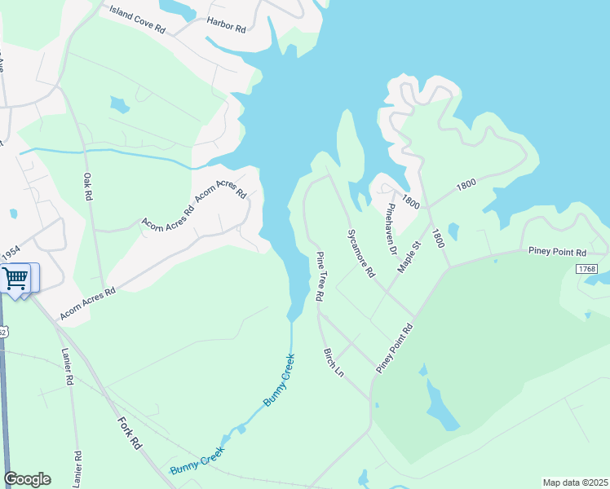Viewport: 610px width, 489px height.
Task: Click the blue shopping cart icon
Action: [15, 278]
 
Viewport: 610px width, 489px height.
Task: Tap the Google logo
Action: [27, 479]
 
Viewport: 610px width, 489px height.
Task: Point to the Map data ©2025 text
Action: [575, 482]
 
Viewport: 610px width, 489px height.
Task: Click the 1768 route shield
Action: [586, 269]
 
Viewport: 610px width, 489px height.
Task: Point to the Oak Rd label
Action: [87, 188]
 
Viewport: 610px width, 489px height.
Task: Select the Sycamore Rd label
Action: [360, 253]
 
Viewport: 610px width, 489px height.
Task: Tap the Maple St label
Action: [408, 256]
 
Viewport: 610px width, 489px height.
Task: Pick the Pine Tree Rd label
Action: [320, 277]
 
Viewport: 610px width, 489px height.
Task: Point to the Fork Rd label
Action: [130, 434]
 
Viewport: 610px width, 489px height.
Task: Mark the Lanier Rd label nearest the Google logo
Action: [77, 469]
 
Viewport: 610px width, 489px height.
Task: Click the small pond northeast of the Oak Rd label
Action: [120, 104]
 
